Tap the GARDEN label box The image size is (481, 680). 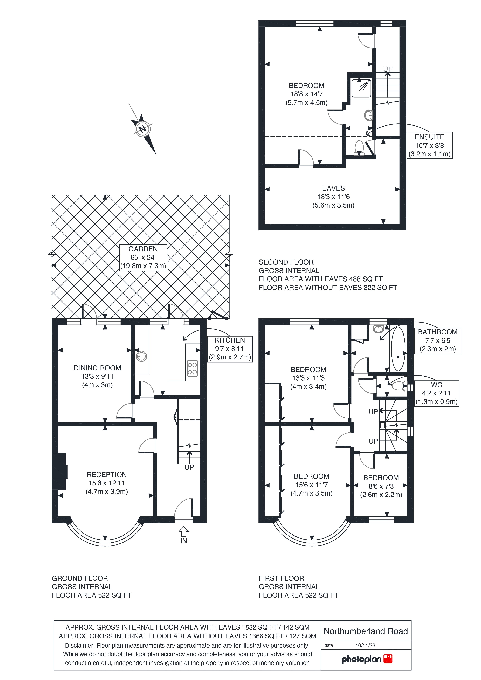143,257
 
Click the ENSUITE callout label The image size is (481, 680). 429,145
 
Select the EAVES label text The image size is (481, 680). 333,188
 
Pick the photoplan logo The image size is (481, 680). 367,659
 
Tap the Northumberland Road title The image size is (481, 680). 366,631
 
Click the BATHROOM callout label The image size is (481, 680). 438,341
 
